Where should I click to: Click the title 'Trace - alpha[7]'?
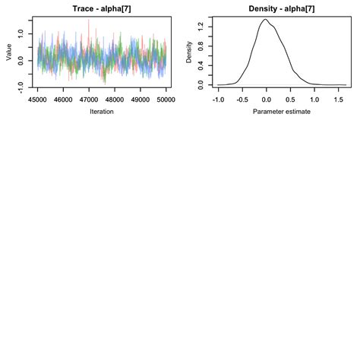(x=102, y=8)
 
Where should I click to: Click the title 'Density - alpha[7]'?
(x=282, y=8)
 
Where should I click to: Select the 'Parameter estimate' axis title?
(x=282, y=112)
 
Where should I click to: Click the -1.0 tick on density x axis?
(x=219, y=98)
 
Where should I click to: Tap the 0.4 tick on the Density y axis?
(x=201, y=65)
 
